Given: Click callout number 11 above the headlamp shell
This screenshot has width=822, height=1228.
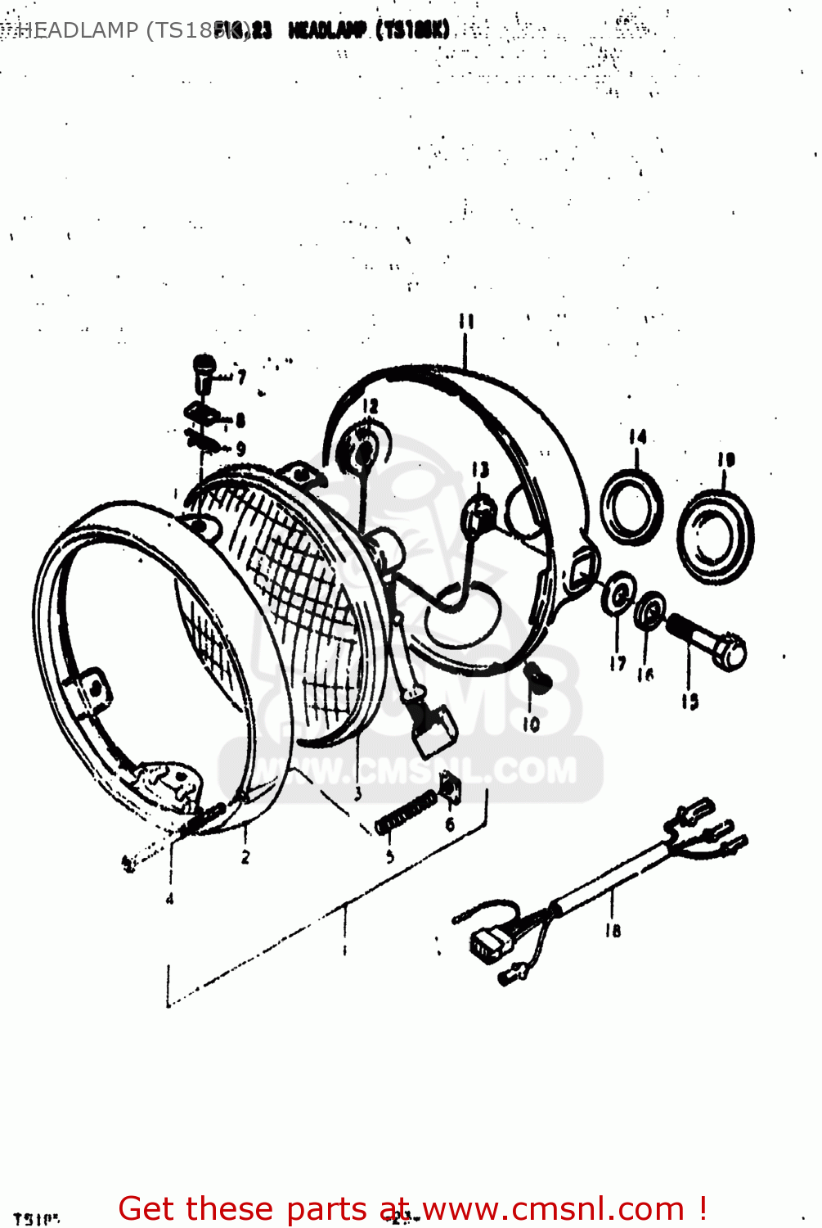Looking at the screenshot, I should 466,321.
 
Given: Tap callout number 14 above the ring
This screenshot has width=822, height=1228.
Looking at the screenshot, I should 638,437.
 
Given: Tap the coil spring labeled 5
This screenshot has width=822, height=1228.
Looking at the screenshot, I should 407,814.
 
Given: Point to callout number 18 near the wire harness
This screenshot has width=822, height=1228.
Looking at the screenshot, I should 613,930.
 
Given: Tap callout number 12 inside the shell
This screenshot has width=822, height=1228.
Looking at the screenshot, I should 371,405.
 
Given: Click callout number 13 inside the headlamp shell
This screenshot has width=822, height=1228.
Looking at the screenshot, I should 480,469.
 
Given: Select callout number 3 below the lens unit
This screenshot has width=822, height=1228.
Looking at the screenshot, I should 357,792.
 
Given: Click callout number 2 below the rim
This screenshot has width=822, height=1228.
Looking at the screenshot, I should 245,857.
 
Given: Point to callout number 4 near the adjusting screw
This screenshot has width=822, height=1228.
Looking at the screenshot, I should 170,899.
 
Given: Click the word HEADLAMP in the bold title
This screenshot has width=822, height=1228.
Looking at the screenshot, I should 326,31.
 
